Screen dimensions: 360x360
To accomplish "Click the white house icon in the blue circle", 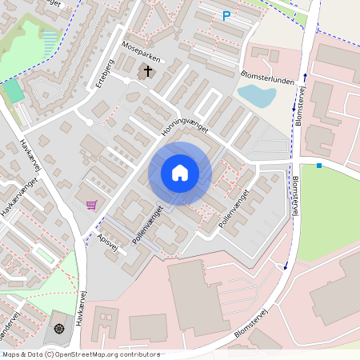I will click(180, 173).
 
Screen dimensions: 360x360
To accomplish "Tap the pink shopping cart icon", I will click(92, 205).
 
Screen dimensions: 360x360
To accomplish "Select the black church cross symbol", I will click(146, 72).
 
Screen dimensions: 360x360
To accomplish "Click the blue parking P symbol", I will click(226, 15).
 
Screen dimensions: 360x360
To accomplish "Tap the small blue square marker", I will click(319, 166).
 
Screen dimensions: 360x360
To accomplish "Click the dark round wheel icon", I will click(58, 328).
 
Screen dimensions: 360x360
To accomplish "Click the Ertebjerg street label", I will click(104, 74).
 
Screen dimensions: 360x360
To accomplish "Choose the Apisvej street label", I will click(107, 242).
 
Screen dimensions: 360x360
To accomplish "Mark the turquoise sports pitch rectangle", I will click(14, 91).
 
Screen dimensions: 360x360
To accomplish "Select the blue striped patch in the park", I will click(50, 40).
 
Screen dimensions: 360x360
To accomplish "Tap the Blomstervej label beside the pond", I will click(299, 107).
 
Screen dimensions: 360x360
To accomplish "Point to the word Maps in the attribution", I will click(11, 354).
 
